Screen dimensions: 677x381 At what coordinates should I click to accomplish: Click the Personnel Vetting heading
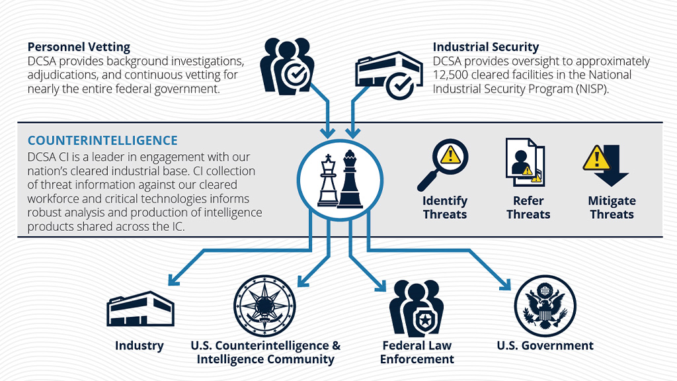pyautogui.click(x=79, y=47)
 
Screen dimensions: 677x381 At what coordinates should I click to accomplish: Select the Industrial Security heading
pyautogui.click(x=485, y=47)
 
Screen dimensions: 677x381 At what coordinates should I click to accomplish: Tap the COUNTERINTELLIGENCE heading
pyautogui.click(x=102, y=140)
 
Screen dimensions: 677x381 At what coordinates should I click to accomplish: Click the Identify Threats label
pyautogui.click(x=445, y=208)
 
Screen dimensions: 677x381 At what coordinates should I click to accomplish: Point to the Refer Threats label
pyautogui.click(x=528, y=208)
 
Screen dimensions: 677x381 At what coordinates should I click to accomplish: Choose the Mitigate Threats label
pyautogui.click(x=612, y=208)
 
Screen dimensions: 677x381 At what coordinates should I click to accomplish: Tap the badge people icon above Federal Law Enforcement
pyautogui.click(x=417, y=308)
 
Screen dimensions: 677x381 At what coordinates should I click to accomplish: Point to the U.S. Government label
pyautogui.click(x=545, y=345)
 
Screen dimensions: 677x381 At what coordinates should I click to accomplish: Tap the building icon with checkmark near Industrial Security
pyautogui.click(x=386, y=74)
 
